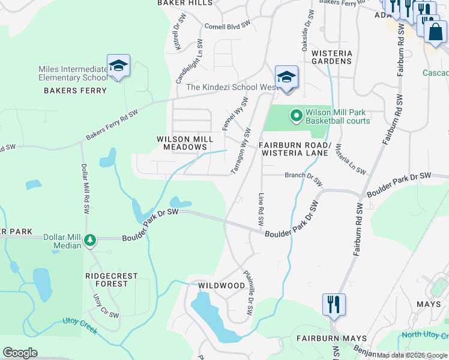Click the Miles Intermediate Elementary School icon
click(118, 65)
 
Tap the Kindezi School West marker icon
click(287, 77)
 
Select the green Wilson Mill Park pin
click(296, 114)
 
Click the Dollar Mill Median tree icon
click(90, 240)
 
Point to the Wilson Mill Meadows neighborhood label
click(185, 143)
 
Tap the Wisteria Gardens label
click(331, 57)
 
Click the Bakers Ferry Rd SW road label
click(112, 125)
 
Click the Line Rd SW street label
click(261, 209)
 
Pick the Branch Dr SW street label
click(304, 178)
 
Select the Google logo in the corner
click(20, 353)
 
